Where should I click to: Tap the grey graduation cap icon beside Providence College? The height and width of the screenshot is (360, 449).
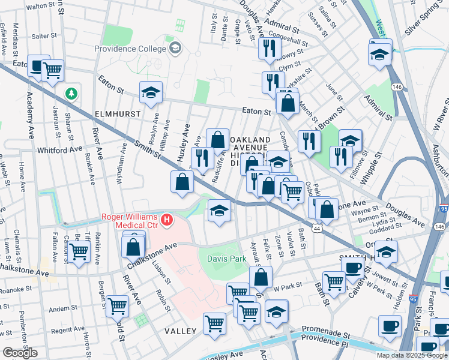point(176,48)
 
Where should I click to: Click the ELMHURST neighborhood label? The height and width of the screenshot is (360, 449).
point(117,113)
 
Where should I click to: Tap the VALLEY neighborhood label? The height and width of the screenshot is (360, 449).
point(181,331)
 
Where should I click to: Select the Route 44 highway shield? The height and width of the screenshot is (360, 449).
point(316,228)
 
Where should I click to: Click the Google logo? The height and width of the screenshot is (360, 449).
point(20,353)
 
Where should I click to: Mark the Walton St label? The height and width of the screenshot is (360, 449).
point(41,6)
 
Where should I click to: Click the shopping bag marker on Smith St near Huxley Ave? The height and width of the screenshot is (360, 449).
point(182,182)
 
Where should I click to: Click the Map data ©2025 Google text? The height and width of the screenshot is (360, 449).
point(412,355)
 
